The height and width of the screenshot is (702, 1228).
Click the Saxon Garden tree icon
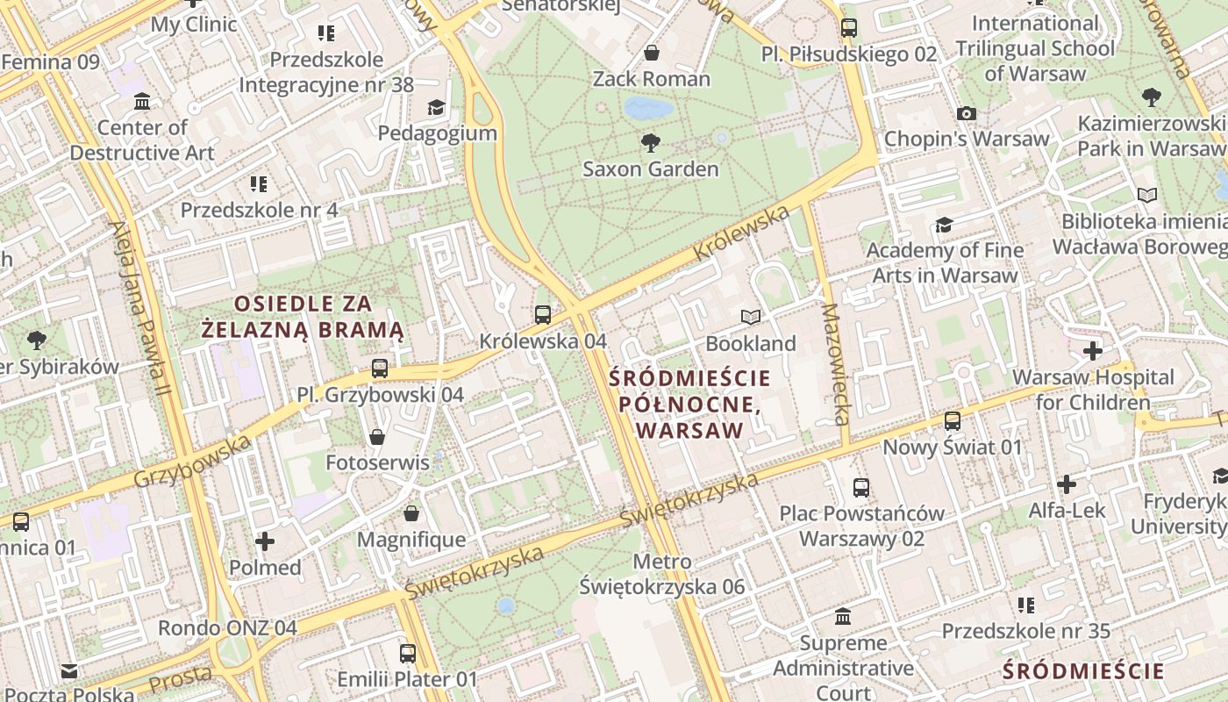(x=650, y=142)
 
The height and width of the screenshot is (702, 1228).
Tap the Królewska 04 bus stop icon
(x=543, y=314)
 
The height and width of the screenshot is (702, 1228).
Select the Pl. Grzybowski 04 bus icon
(x=380, y=369)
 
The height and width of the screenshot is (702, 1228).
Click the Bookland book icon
(x=751, y=317)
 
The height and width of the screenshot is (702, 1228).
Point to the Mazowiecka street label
(x=836, y=364)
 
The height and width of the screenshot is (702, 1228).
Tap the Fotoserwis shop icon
(x=377, y=436)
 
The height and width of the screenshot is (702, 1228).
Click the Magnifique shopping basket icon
(x=411, y=512)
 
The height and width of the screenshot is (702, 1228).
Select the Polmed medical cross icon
(x=265, y=541)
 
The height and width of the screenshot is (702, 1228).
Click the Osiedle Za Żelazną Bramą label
(x=303, y=317)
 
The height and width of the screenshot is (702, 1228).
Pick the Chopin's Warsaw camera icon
(x=967, y=113)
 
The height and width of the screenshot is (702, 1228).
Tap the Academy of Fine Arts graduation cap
(x=944, y=225)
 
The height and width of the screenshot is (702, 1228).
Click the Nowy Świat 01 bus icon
(x=953, y=421)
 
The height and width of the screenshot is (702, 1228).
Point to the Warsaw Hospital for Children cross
(x=1092, y=352)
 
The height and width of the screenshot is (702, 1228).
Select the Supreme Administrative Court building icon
(x=843, y=617)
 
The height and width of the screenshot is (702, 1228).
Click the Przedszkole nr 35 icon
(x=1025, y=605)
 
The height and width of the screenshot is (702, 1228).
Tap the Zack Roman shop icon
(x=652, y=53)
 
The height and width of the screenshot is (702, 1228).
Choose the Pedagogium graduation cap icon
(x=436, y=107)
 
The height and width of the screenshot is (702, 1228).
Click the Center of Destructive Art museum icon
(x=142, y=102)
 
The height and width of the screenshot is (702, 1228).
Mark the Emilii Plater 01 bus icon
(x=408, y=653)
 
